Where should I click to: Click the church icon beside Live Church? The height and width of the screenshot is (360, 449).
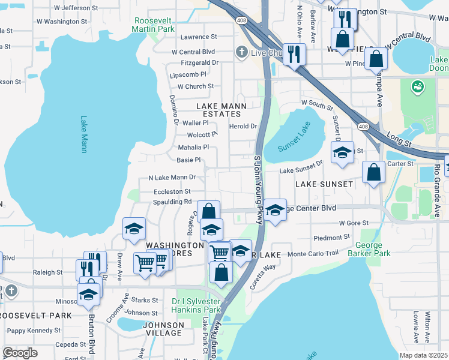(x=242, y=52)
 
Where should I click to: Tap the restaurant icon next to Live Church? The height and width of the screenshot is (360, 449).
(x=294, y=54)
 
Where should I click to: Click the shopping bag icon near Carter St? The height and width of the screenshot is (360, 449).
(x=374, y=172)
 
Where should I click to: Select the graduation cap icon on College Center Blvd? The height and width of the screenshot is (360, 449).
(x=275, y=211)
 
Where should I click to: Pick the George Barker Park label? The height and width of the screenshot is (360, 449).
(x=373, y=249)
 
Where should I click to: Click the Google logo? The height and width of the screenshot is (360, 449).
(x=20, y=353)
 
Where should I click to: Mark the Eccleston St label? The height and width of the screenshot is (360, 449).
(x=172, y=191)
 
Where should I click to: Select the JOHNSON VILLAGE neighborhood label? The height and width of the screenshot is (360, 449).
(x=163, y=329)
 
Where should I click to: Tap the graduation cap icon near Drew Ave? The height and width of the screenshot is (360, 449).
(x=134, y=229)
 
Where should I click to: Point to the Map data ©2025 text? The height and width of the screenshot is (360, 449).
(x=423, y=355)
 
